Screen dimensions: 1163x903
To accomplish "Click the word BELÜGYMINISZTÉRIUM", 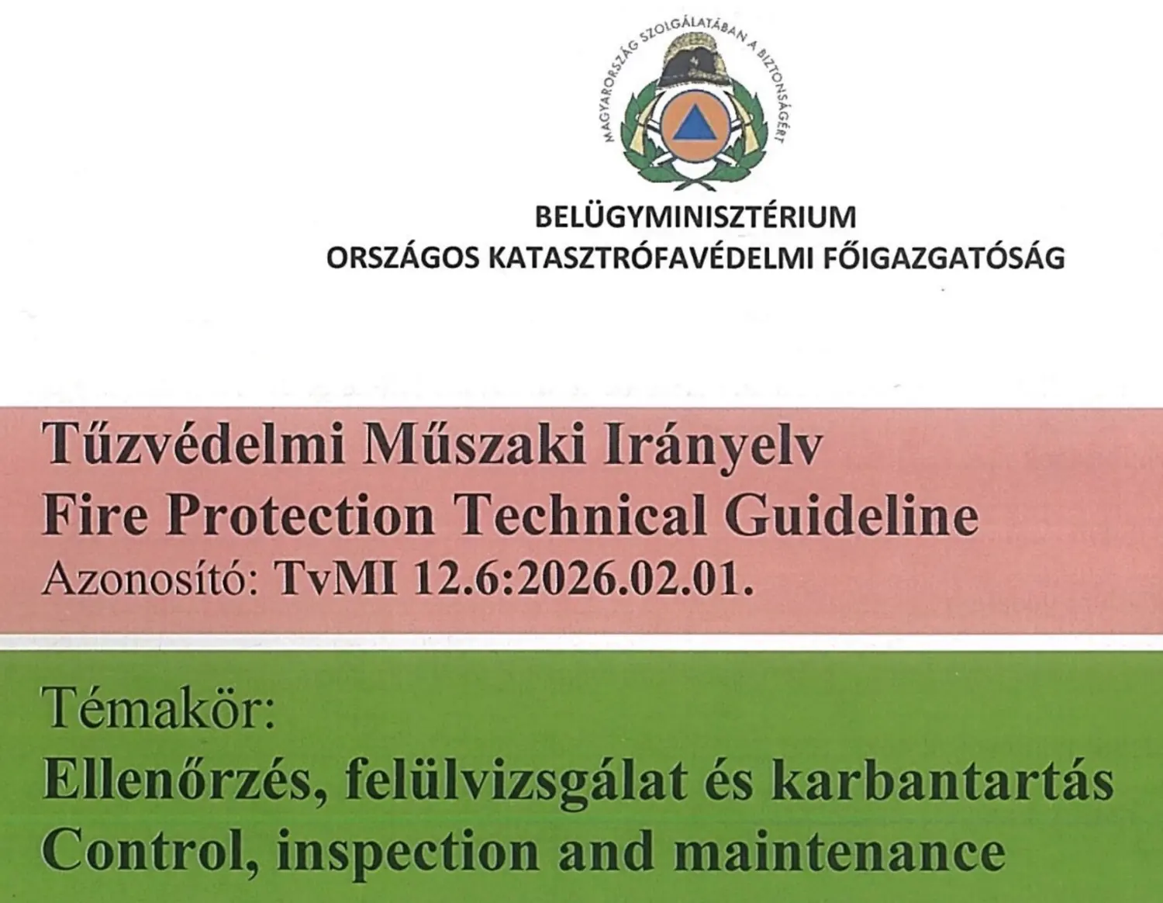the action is [x=695, y=217].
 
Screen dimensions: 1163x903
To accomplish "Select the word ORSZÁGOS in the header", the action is [x=402, y=258].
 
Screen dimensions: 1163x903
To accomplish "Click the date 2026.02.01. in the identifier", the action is [x=634, y=580].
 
